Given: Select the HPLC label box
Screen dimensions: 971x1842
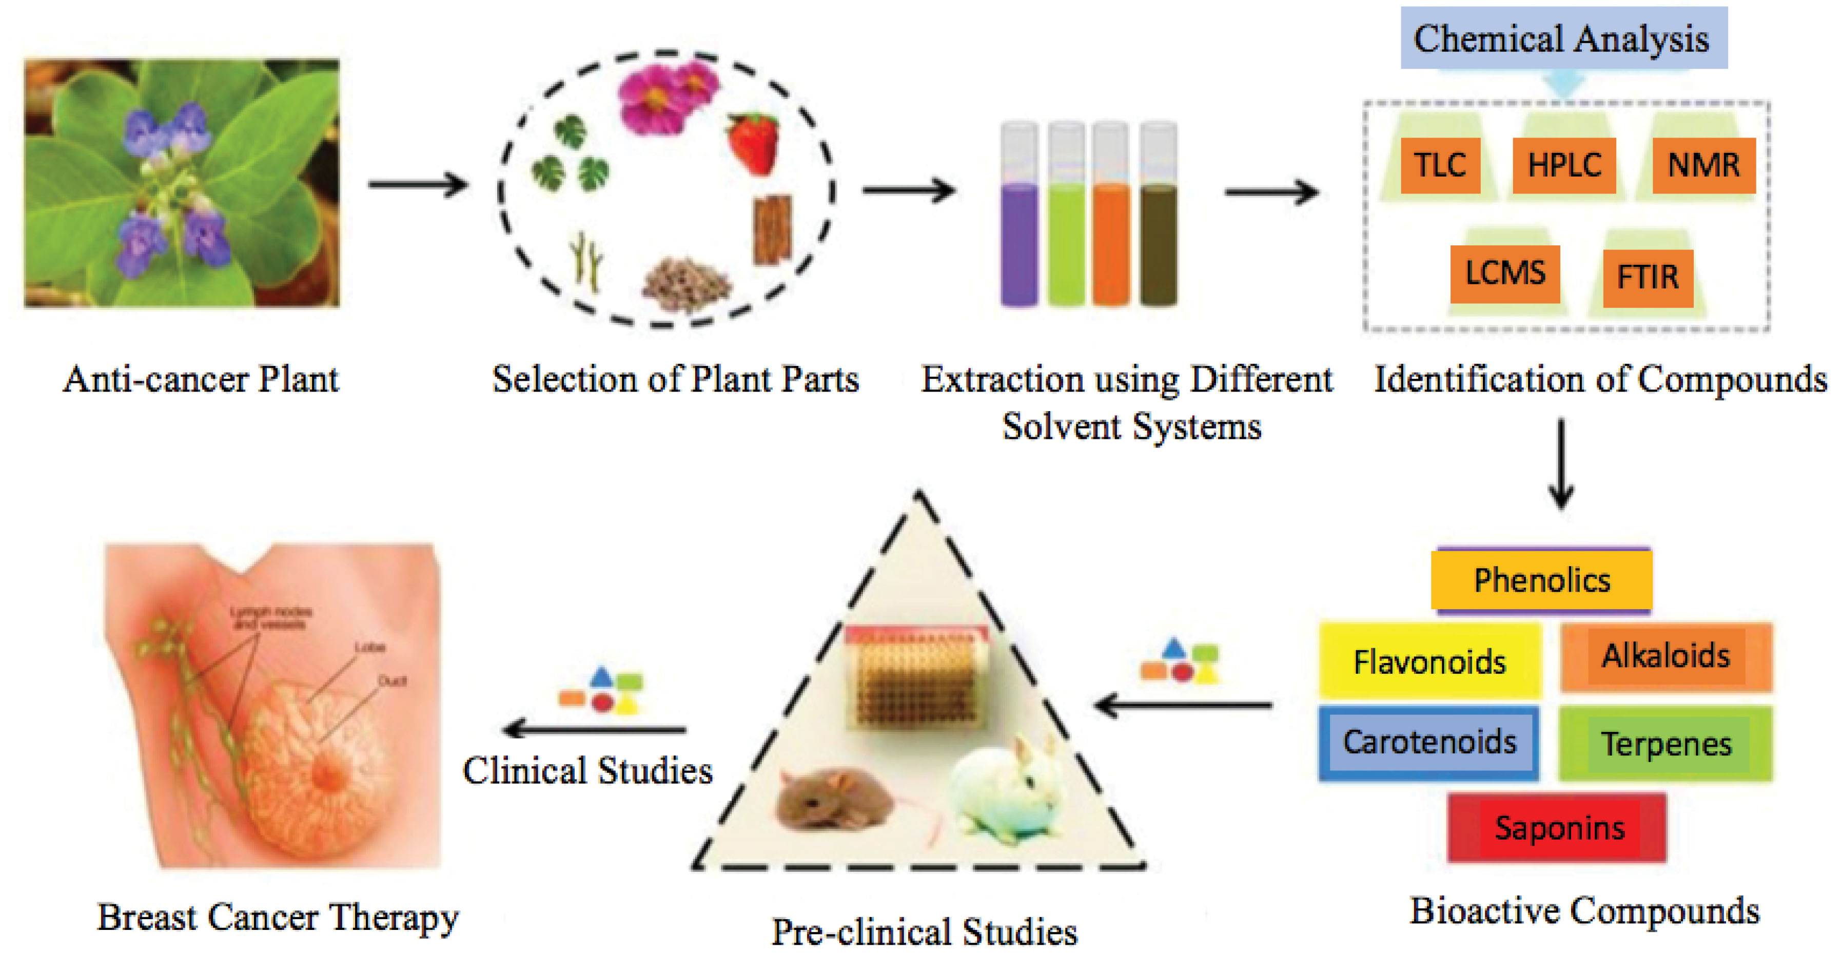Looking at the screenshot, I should pyautogui.click(x=1564, y=165).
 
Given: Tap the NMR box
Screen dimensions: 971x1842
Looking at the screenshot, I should pyautogui.click(x=1703, y=165).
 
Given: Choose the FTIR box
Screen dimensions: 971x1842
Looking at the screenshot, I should pyautogui.click(x=1648, y=278).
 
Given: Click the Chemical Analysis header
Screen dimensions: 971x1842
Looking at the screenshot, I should pyautogui.click(x=1563, y=38).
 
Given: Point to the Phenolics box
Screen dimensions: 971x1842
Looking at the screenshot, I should pyautogui.click(x=1542, y=580).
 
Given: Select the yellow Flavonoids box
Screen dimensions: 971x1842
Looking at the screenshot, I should pyautogui.click(x=1429, y=662).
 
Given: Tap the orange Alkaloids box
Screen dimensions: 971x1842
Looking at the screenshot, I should pyautogui.click(x=1665, y=656).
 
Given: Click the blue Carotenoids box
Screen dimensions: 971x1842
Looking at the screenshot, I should pyautogui.click(x=1428, y=742).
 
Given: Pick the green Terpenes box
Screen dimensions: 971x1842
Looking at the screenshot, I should pyautogui.click(x=1665, y=744).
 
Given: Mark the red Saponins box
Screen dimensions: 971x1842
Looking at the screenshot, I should pyautogui.click(x=1557, y=827).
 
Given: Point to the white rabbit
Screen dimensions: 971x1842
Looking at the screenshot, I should pyautogui.click(x=1008, y=793).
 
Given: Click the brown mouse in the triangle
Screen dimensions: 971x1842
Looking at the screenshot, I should pyautogui.click(x=833, y=801).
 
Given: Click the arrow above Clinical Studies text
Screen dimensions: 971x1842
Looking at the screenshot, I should pyautogui.click(x=594, y=729).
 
